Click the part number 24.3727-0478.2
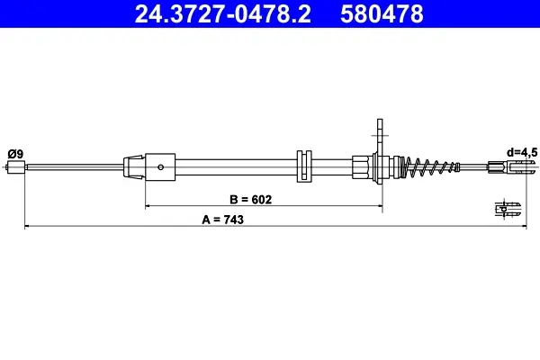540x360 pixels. [222, 13]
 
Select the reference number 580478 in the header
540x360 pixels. [382, 13]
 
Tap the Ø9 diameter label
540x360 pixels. [15, 154]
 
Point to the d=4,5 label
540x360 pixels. [521, 152]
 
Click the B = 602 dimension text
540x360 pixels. [250, 200]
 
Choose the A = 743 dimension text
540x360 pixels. [222, 220]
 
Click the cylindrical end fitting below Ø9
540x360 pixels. [16, 167]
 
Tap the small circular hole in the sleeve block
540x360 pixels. [160, 167]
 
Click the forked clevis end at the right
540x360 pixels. [513, 167]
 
